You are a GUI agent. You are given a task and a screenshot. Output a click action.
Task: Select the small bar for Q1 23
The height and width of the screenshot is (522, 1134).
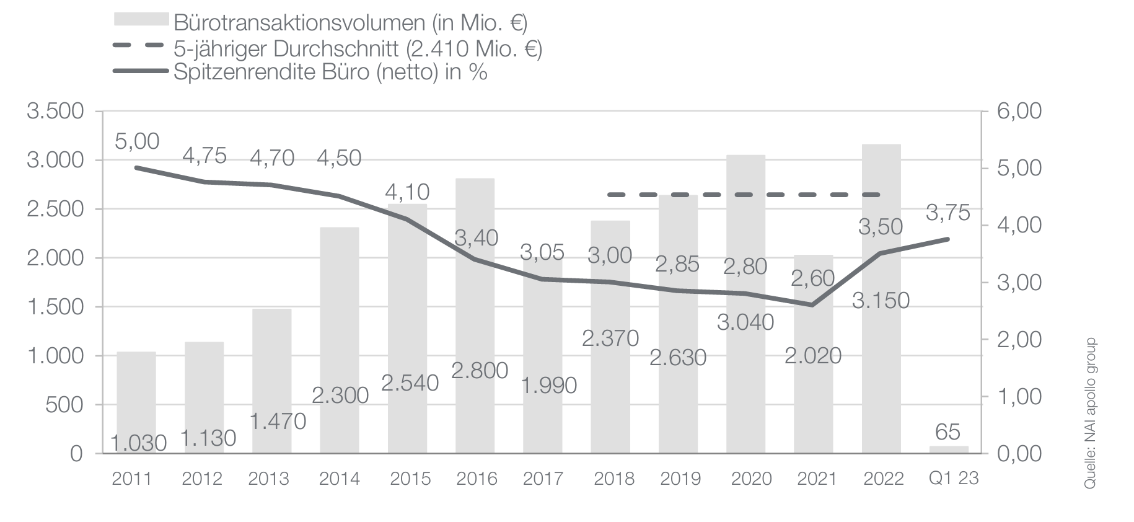pyautogui.click(x=948, y=449)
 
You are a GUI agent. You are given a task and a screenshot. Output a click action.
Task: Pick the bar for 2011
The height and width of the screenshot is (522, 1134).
pyautogui.click(x=136, y=403)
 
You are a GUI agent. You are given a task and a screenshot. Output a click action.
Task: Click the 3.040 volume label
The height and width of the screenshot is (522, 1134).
pyautogui.click(x=745, y=322)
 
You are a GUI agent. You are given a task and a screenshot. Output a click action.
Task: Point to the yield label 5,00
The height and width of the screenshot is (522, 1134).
pyautogui.click(x=137, y=141)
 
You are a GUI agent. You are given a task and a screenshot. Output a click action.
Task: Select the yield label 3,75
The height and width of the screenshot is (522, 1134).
pyautogui.click(x=947, y=213)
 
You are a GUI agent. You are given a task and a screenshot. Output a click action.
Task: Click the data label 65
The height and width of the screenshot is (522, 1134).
pyautogui.click(x=948, y=431)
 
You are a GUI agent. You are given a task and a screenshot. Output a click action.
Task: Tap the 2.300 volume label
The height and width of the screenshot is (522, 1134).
pyautogui.click(x=340, y=395)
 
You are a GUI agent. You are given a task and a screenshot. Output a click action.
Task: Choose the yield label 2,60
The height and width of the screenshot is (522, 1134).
pyautogui.click(x=813, y=278)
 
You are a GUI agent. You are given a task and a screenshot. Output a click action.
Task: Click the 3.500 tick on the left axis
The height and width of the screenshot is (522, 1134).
pyautogui.click(x=55, y=112)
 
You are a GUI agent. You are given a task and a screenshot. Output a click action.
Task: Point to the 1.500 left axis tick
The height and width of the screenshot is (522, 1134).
pyautogui.click(x=55, y=307)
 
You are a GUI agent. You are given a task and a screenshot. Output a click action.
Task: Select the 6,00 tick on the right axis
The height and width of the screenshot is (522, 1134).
pyautogui.click(x=1019, y=112)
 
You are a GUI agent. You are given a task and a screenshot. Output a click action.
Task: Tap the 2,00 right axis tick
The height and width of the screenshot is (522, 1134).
pyautogui.click(x=1019, y=340)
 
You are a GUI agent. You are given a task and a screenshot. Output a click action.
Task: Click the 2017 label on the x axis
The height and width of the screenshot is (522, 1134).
pyautogui.click(x=543, y=479)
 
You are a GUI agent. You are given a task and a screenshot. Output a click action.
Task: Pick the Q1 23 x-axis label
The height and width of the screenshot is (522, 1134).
pyautogui.click(x=954, y=479)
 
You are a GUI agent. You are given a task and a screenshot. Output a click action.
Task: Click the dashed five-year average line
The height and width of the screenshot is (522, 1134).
pyautogui.click(x=744, y=195)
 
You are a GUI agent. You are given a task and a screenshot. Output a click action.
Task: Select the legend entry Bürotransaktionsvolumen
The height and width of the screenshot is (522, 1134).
pyautogui.click(x=350, y=23)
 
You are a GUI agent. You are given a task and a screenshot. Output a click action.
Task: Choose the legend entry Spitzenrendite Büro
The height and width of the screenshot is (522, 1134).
pyautogui.click(x=330, y=72)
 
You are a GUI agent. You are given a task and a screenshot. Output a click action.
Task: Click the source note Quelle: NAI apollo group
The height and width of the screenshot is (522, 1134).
pyautogui.click(x=1090, y=414)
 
